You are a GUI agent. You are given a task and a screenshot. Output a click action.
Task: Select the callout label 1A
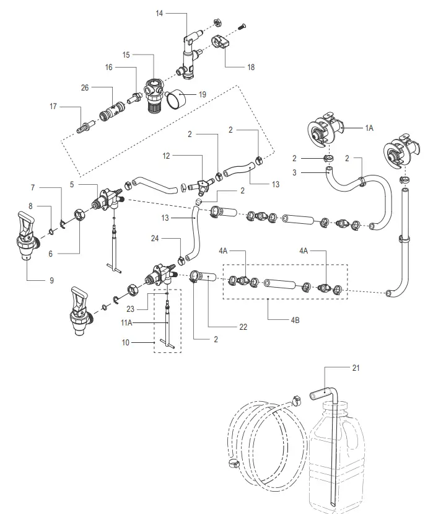point(370,127)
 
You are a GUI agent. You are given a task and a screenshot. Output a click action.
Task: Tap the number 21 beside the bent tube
point(355,368)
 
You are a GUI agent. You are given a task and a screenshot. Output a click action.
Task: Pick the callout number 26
point(85,88)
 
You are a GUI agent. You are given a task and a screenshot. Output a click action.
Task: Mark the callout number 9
point(51,280)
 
